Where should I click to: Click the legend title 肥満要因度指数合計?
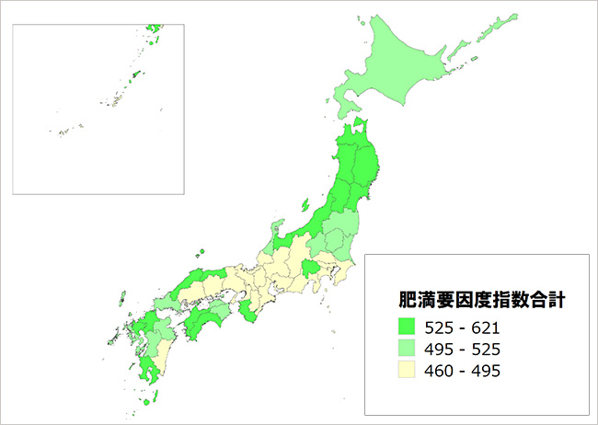(468, 299)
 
